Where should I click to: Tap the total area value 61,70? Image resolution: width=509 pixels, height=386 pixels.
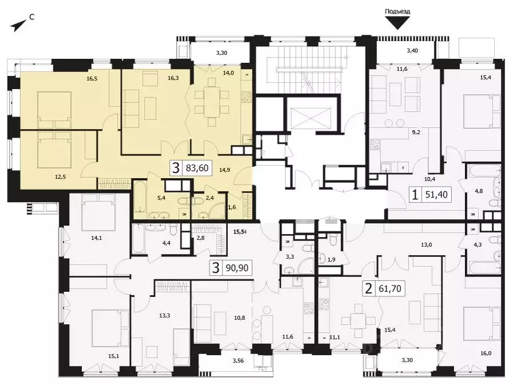tap(391, 289)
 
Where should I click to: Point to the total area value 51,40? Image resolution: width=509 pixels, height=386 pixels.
tap(438, 195)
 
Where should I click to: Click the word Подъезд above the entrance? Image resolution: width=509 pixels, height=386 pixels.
tap(397, 11)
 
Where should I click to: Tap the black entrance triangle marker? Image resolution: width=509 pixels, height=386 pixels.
tap(398, 22)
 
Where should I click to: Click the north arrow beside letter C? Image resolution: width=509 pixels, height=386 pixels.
tap(18, 24)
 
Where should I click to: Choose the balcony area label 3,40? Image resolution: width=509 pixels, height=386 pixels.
tap(412, 51)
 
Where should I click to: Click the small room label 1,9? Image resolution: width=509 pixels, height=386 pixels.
tap(331, 259)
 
